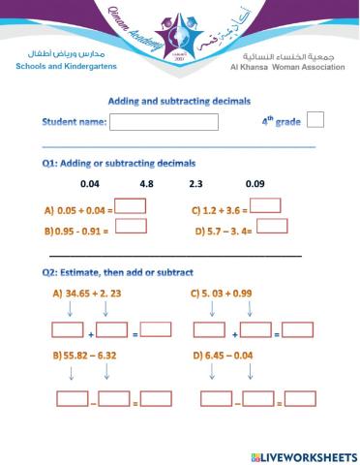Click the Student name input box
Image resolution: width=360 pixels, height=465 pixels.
[177, 122]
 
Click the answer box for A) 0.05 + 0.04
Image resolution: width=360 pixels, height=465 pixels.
[131, 205]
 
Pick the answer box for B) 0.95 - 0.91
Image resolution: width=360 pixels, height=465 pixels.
[131, 227]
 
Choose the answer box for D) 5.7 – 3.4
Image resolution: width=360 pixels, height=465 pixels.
[272, 227]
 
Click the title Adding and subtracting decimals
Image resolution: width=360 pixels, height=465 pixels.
[179, 100]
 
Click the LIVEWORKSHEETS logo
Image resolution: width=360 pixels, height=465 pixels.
[303, 454]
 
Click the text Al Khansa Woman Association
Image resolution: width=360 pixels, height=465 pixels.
[286, 68]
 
